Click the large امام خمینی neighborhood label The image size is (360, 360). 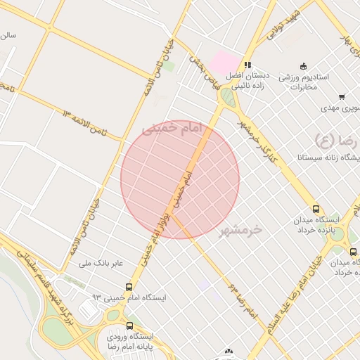click(x=172, y=129)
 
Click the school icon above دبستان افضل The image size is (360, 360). click(x=247, y=64)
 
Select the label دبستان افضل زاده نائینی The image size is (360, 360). click(x=245, y=79)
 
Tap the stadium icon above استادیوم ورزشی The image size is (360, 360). click(x=303, y=65)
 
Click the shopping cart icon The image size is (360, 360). click(x=342, y=97)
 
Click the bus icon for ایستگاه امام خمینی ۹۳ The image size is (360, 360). click(x=129, y=287)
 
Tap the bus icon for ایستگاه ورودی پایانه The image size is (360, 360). click(x=129, y=326)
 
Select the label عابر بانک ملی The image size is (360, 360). click(x=101, y=264)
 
